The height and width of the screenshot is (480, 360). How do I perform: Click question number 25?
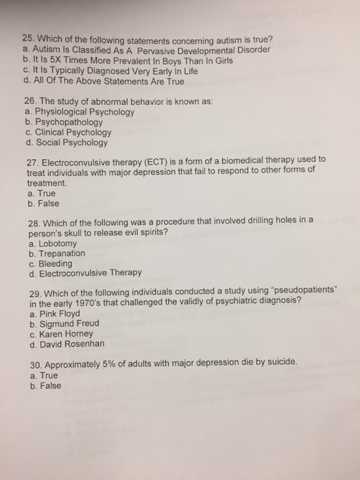click(x=28, y=39)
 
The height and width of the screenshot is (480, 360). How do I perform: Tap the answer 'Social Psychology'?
click(x=73, y=143)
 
